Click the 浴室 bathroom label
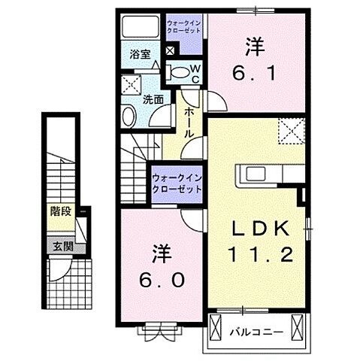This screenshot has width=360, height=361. click(x=138, y=54)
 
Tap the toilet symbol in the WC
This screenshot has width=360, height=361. click(x=180, y=73)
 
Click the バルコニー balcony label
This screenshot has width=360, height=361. click(x=253, y=331)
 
